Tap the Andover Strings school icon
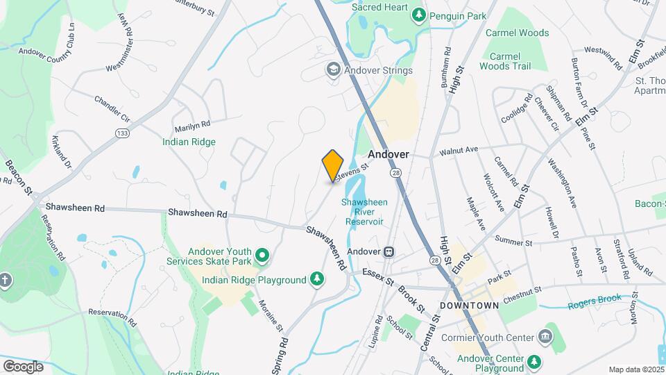click(x=333, y=69)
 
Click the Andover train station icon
click(x=390, y=251)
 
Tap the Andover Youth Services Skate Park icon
click(x=262, y=256)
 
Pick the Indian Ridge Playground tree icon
click(x=317, y=279)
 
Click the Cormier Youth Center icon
click(x=545, y=337)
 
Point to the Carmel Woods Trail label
click(x=510, y=61)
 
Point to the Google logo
click(x=23, y=366)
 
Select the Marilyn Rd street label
click(x=192, y=124)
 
